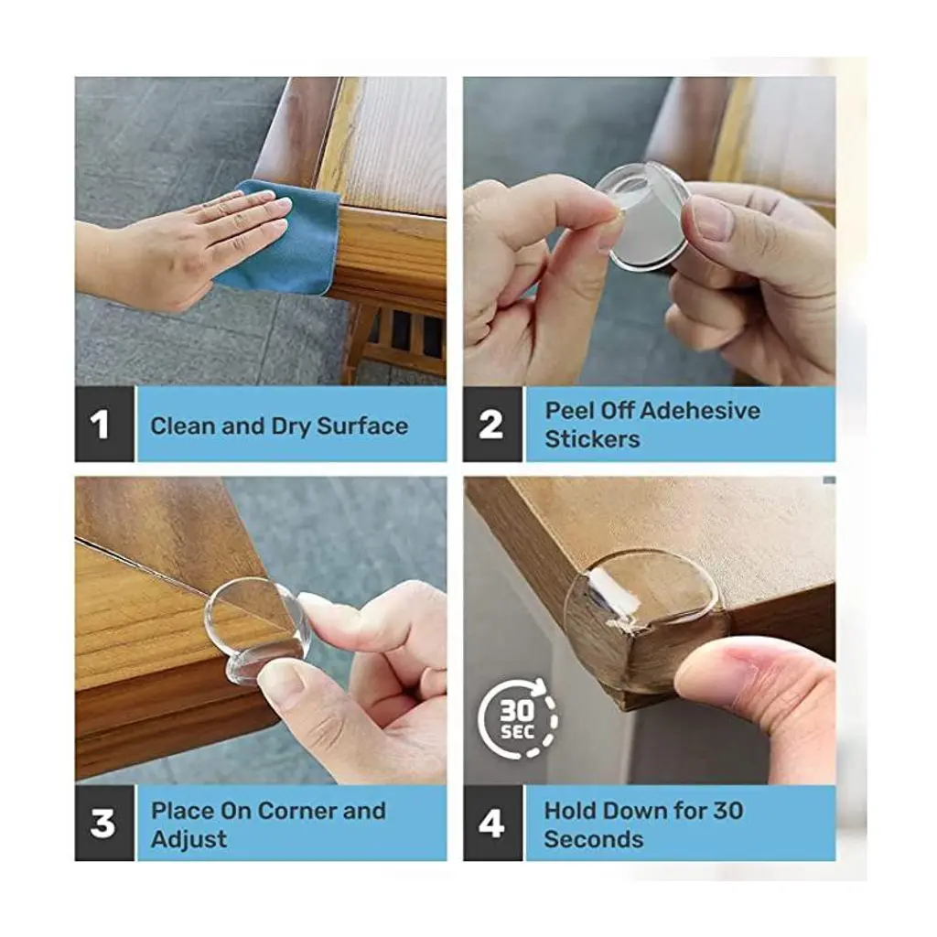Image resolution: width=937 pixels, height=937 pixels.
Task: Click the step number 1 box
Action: (104, 425)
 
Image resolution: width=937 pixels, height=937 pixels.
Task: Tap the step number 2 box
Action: (492, 425)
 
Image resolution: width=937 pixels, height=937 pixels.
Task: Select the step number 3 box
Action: (104, 824)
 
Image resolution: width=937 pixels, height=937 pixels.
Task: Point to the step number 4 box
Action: (492, 824)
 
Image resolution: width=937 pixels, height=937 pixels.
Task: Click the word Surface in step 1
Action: (362, 426)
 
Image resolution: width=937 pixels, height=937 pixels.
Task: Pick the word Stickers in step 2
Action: (592, 439)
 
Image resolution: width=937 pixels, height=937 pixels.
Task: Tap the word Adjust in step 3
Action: (188, 840)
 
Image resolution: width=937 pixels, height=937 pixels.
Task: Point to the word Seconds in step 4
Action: (593, 840)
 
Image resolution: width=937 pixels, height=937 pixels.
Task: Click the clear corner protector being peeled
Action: (644, 216)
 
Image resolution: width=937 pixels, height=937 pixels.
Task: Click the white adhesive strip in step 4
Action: (612, 598)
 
